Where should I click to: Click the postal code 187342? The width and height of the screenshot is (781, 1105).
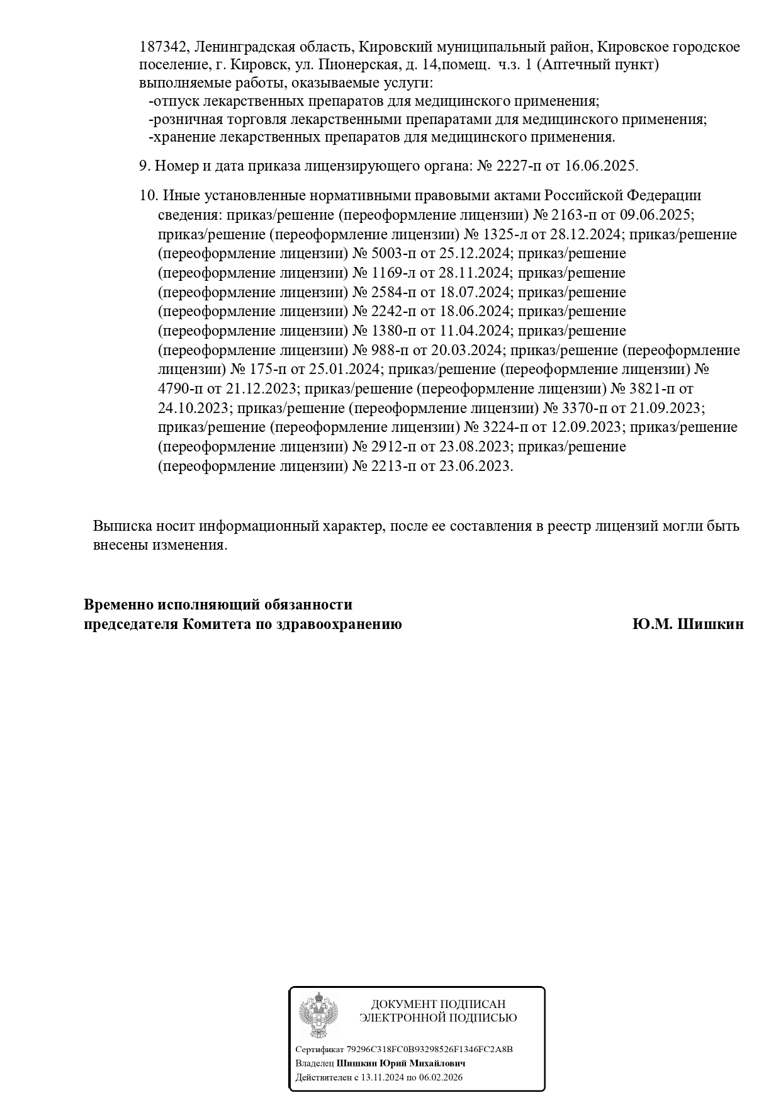tap(163, 47)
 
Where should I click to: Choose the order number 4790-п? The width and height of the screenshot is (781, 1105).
tap(183, 389)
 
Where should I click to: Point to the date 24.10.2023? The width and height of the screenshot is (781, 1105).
tap(194, 408)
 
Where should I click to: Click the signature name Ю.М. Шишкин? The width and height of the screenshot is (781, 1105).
tap(688, 624)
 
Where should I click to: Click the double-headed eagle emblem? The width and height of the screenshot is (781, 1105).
tap(318, 1015)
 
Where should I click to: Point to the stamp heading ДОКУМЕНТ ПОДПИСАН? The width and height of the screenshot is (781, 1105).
tap(438, 1004)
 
